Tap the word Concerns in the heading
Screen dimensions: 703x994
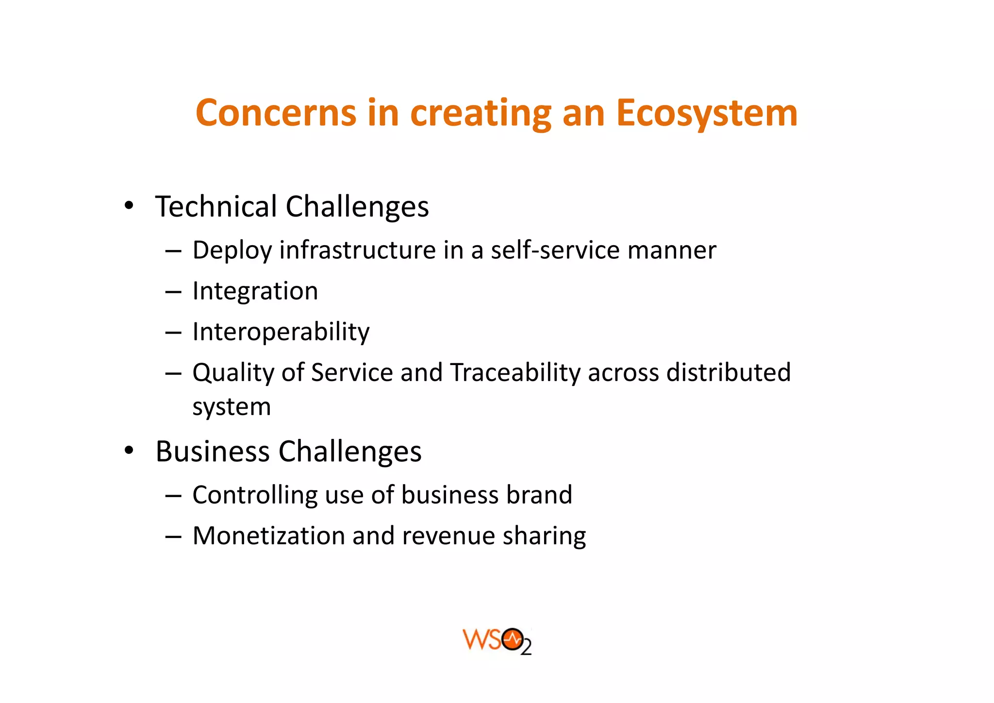pos(276,113)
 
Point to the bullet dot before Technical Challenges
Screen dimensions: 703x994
pos(129,205)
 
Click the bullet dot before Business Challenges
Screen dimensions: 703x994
pos(129,451)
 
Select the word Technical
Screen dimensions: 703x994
pos(216,206)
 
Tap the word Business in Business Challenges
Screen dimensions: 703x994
pos(212,452)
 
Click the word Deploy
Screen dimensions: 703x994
pos(232,251)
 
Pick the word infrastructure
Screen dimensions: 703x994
pos(357,250)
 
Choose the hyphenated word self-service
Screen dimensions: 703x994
pos(555,250)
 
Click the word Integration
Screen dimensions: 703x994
pos(255,291)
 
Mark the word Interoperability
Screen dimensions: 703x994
pos(281,332)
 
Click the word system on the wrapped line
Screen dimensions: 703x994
pos(232,407)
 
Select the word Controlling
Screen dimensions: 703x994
pos(255,495)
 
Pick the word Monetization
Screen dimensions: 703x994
pos(268,536)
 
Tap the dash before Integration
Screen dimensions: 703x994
pos(173,292)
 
